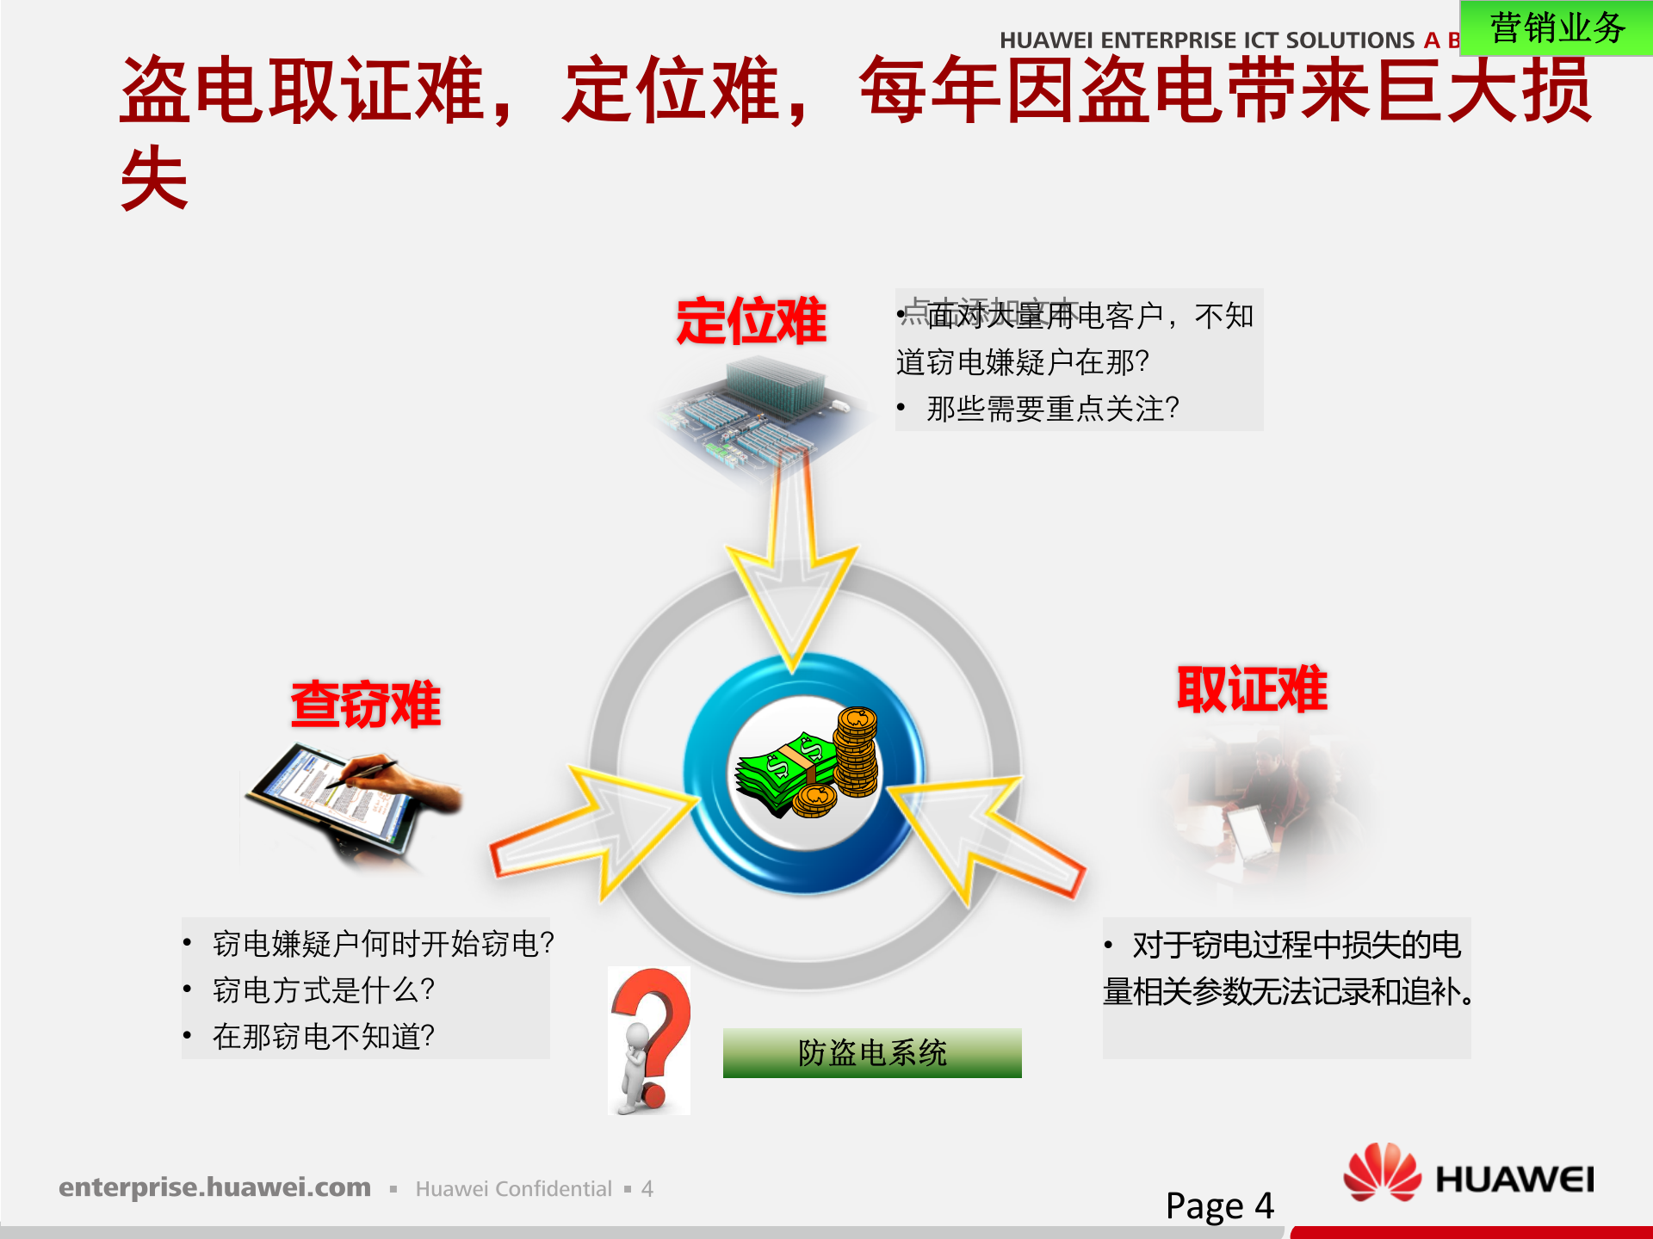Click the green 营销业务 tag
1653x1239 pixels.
coord(1556,28)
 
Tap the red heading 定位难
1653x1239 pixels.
coord(751,322)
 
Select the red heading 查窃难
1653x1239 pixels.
coord(366,705)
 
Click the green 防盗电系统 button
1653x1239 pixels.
coord(871,1052)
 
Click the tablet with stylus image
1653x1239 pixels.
coord(353,800)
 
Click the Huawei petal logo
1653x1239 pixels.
coord(1382,1172)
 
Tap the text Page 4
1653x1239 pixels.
coord(1218,1205)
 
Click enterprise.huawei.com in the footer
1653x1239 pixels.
coord(214,1187)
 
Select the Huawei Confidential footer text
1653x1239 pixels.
coord(513,1189)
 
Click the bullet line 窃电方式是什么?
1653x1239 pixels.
coord(323,990)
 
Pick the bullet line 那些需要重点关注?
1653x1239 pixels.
coord(1052,409)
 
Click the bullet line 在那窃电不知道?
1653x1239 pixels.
coord(323,1037)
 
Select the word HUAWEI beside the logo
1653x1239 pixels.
coord(1514,1180)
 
